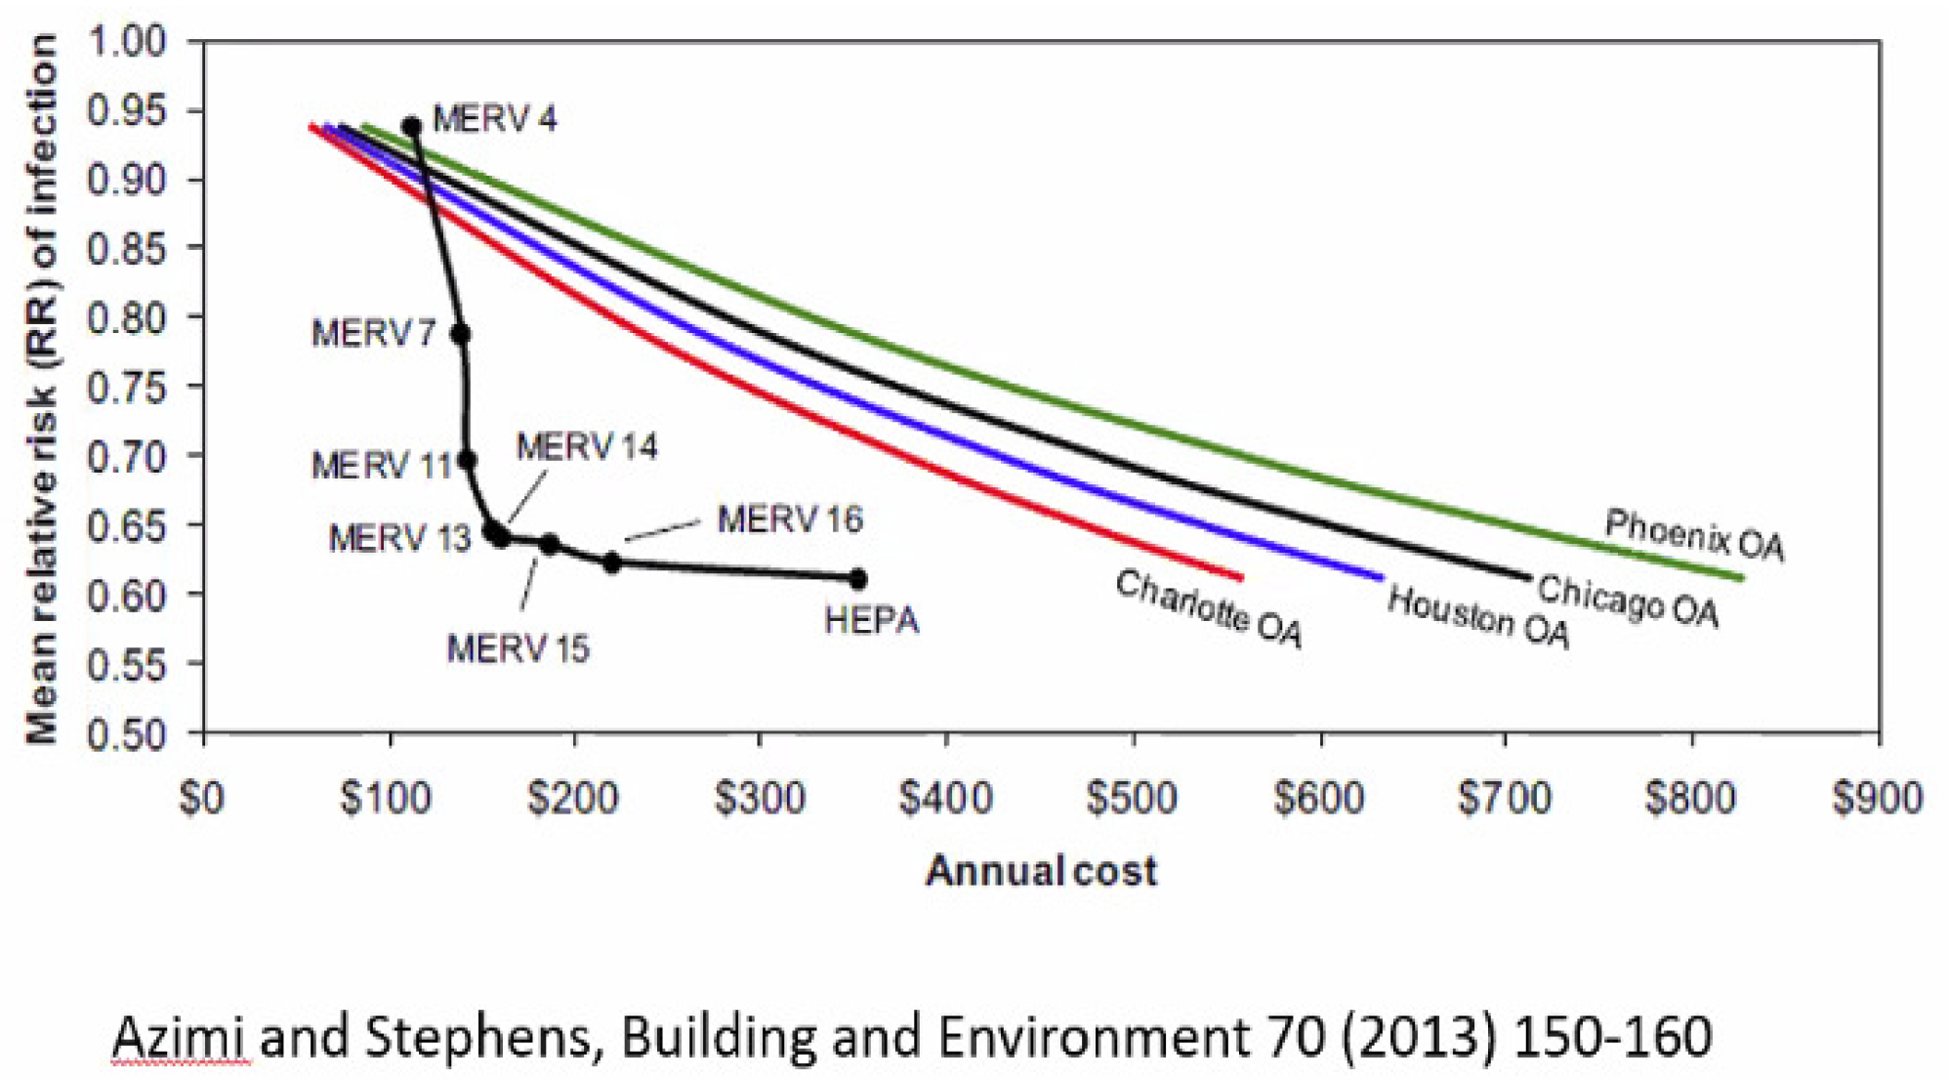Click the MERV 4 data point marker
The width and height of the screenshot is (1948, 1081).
click(412, 126)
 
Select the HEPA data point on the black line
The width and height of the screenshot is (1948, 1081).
click(858, 579)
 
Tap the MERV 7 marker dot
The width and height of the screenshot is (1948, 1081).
click(461, 334)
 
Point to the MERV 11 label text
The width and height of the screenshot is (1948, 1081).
click(381, 465)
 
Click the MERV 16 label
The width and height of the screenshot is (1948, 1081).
click(790, 520)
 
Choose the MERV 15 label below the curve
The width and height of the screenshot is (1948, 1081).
click(518, 649)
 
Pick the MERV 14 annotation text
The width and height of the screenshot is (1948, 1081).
click(587, 447)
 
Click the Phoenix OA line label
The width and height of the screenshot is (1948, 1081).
click(1694, 535)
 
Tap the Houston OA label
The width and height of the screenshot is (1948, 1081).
click(1478, 617)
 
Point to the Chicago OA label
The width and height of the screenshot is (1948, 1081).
click(1628, 601)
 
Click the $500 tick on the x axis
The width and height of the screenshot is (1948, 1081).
click(1133, 799)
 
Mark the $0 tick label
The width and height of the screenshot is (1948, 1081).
click(202, 799)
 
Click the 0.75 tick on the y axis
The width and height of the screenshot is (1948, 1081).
click(127, 387)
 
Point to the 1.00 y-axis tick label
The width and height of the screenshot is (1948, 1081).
click(127, 42)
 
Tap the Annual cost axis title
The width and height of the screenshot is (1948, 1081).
click(1041, 870)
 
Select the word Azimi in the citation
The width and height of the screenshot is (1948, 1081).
click(181, 1037)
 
